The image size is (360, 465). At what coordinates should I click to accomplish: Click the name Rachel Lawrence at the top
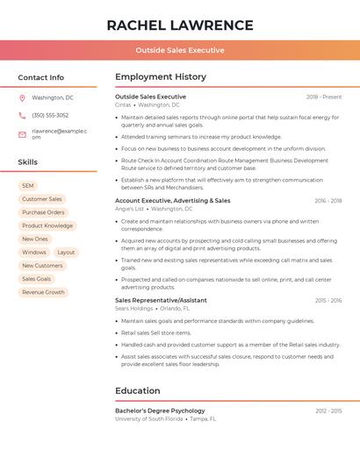click(180, 25)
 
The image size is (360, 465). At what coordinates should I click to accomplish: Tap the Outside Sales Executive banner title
click(180, 51)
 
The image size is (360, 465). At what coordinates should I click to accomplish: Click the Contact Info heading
click(41, 77)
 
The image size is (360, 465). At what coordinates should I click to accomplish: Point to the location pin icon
click(22, 98)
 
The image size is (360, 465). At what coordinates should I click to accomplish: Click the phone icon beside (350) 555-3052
click(22, 116)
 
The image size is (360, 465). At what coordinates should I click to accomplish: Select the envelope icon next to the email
click(22, 134)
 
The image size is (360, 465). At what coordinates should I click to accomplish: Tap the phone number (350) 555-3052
click(50, 116)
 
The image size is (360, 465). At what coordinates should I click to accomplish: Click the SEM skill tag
click(28, 186)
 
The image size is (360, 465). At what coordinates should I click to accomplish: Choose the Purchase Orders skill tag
click(43, 212)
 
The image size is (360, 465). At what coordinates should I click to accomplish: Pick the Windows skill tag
click(34, 253)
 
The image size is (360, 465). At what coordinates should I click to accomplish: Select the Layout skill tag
click(66, 253)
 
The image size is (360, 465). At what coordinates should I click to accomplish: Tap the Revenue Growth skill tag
click(43, 292)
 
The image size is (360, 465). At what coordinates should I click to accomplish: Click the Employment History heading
click(161, 77)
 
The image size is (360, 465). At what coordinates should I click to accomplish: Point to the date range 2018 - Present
click(324, 97)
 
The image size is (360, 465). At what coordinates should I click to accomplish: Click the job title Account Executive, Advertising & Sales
click(173, 201)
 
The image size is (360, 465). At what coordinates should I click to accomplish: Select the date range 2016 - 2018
click(328, 201)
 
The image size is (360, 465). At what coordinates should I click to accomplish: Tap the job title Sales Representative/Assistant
click(161, 300)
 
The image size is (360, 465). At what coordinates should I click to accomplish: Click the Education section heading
click(138, 390)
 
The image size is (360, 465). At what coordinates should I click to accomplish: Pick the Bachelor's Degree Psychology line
click(160, 411)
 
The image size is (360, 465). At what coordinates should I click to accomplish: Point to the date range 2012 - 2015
click(328, 411)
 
